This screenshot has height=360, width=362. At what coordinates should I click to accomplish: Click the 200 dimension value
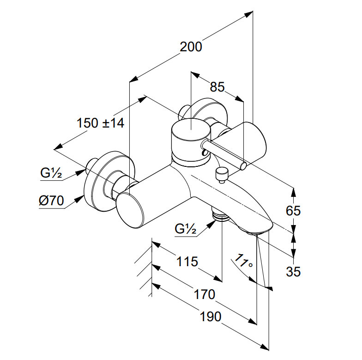[191, 47]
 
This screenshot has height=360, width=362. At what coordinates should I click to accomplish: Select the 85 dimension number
[217, 87]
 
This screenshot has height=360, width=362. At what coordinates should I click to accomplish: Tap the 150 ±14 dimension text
[101, 123]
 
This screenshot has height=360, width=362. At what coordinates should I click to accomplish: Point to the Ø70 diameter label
[51, 201]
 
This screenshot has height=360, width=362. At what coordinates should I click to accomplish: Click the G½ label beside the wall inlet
[51, 173]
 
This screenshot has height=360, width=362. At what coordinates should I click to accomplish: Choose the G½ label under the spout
[186, 229]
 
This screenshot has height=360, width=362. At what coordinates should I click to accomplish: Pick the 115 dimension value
[187, 262]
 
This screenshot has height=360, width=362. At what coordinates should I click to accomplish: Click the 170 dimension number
[204, 294]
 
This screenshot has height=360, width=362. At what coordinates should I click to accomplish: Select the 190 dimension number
[211, 317]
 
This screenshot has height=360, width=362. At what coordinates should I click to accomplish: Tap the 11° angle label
[243, 261]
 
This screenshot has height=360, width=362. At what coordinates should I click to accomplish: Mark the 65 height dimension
[293, 211]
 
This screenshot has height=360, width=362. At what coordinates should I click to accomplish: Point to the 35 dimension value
[293, 272]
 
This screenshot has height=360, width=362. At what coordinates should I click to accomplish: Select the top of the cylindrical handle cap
[191, 129]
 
